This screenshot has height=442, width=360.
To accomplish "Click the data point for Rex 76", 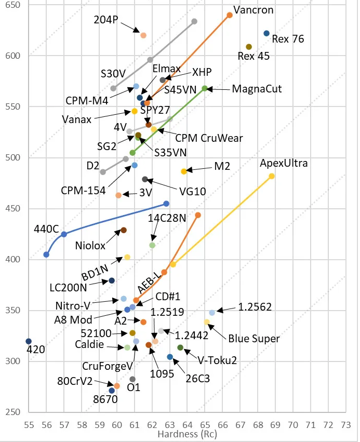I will click(266, 33).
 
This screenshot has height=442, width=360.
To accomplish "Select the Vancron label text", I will click(254, 10).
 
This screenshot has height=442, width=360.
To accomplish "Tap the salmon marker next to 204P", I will click(143, 35).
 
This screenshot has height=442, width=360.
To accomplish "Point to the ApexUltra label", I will click(284, 164).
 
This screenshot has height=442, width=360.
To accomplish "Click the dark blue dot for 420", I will click(29, 341).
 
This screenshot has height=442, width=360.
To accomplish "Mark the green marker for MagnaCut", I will click(205, 88).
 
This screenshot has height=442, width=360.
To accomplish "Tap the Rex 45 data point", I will click(249, 47).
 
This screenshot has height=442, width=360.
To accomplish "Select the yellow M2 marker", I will click(183, 171).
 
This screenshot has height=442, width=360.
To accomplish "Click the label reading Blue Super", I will click(254, 339).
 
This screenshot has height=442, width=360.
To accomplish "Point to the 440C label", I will click(46, 229).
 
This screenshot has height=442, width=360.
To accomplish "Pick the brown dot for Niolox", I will click(124, 230).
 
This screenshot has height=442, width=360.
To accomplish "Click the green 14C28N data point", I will click(152, 245).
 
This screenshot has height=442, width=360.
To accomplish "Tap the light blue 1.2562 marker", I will click(212, 313).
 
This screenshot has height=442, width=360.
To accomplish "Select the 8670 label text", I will click(105, 400).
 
